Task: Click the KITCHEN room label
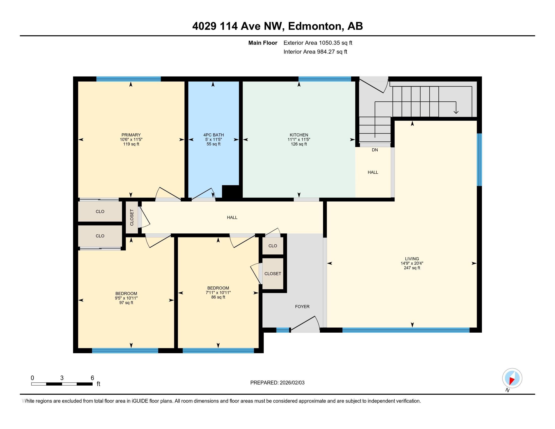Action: pyautogui.click(x=299, y=135)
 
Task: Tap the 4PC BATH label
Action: pyautogui.click(x=213, y=135)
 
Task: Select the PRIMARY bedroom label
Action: pyautogui.click(x=131, y=135)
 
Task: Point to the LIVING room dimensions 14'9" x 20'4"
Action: pyautogui.click(x=412, y=263)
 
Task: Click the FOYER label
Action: pyautogui.click(x=302, y=307)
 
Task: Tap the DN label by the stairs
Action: pyautogui.click(x=375, y=150)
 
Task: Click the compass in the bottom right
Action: pyautogui.click(x=512, y=378)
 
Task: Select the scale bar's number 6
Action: pyautogui.click(x=92, y=378)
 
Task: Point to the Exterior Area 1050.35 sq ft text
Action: pyautogui.click(x=318, y=43)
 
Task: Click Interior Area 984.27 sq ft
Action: pyautogui.click(x=315, y=51)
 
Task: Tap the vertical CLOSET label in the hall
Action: pyautogui.click(x=132, y=217)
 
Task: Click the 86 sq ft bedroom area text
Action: pyautogui.click(x=218, y=297)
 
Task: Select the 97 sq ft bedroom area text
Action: pyautogui.click(x=126, y=303)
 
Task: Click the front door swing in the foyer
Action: pyautogui.click(x=305, y=324)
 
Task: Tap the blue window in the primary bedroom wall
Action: pyautogui.click(x=128, y=79)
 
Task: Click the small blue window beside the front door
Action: pyautogui.click(x=283, y=330)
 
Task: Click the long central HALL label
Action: pyautogui.click(x=232, y=217)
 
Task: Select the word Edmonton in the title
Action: pyautogui.click(x=315, y=26)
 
